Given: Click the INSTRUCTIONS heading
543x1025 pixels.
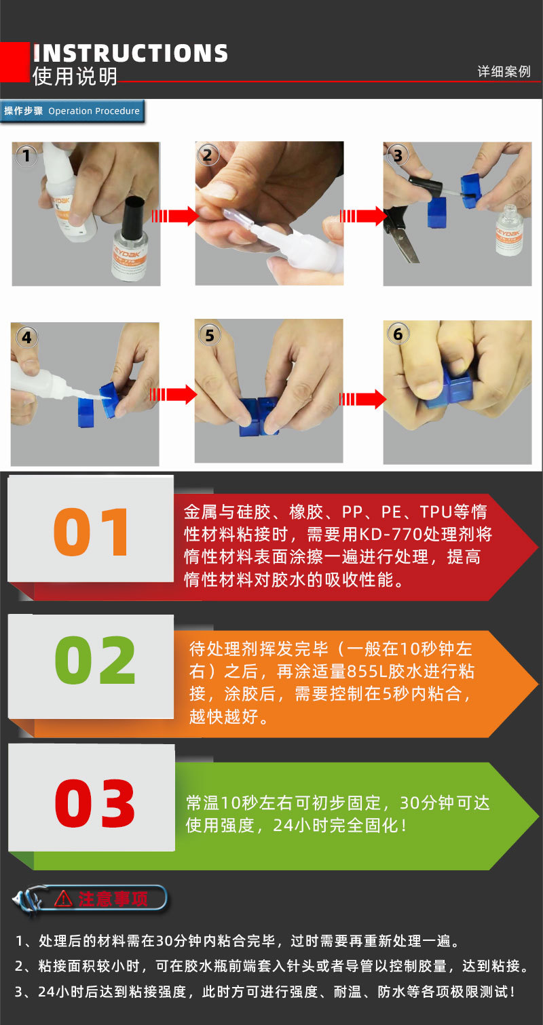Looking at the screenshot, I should tap(130, 54).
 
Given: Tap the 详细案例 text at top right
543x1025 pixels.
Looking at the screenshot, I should tap(504, 72).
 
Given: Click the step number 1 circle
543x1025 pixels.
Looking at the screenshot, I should tap(26, 157).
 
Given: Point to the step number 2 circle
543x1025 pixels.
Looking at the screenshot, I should tap(208, 155).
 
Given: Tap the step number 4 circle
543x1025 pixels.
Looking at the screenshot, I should tap(26, 337).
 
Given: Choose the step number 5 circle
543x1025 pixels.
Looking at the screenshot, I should tap(209, 335).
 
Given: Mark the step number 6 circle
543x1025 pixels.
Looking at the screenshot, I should tap(398, 334).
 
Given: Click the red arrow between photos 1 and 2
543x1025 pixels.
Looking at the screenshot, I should tap(174, 216).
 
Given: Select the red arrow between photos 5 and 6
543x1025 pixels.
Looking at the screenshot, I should tap(362, 398).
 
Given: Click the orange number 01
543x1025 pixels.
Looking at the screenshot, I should tap(92, 533).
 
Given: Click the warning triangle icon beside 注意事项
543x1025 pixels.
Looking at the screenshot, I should tap(63, 898).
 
